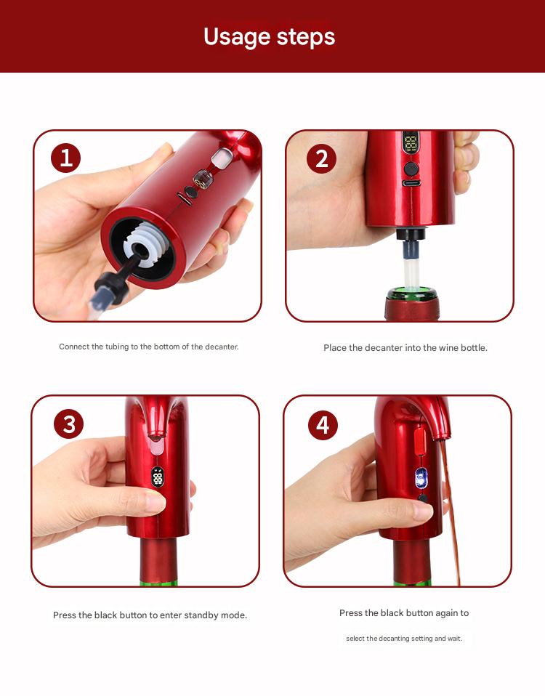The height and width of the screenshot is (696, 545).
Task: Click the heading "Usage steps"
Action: pos(269,36)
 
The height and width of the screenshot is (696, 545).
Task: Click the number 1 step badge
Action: pos(66,158)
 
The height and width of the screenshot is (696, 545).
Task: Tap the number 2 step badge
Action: pos(321,158)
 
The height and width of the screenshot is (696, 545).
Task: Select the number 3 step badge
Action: pos(68,424)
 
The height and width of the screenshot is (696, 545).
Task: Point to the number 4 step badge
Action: pos(323,424)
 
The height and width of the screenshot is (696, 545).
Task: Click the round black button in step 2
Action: pos(411,169)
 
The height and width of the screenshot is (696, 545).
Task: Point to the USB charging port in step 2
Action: pos(411,183)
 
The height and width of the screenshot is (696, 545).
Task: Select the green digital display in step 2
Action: pos(411,141)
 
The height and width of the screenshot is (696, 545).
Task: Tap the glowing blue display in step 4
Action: pos(421,477)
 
